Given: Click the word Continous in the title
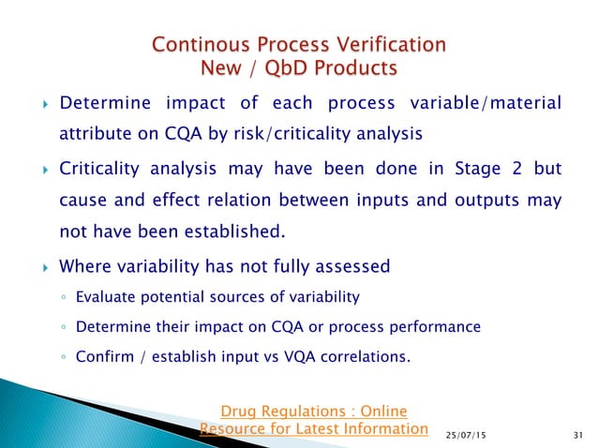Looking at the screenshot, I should pyautogui.click(x=200, y=45).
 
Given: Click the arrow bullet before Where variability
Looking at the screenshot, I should pyautogui.click(x=37, y=267).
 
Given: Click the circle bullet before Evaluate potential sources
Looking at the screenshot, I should pyautogui.click(x=63, y=300).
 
